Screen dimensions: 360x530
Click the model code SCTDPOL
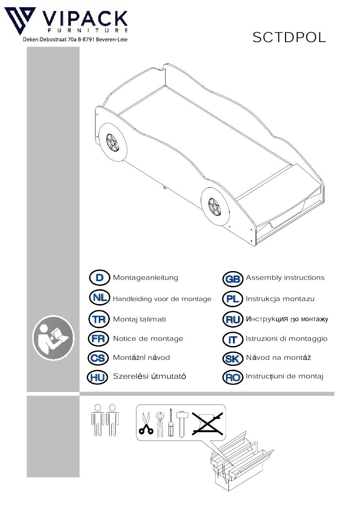point(289,38)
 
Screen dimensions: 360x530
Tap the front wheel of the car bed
point(215,207)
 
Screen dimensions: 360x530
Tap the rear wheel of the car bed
point(113,143)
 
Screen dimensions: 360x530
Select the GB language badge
point(233,279)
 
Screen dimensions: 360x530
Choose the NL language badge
point(100,298)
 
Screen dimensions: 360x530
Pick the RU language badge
point(233,320)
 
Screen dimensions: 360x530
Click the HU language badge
point(97,377)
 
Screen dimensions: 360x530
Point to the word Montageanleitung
point(146,278)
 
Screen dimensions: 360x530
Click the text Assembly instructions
point(285,278)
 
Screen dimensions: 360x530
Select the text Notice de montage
point(148,339)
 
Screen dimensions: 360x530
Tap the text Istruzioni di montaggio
point(287,339)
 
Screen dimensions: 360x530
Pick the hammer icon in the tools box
point(182,424)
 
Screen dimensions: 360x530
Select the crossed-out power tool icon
point(207,424)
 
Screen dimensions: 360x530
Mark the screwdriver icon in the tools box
point(171,423)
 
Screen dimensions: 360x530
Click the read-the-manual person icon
point(53,338)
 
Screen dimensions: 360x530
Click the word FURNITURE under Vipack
point(88,30)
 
